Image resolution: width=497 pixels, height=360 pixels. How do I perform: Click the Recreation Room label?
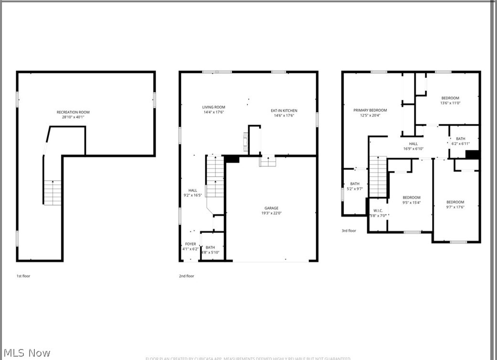point(73,112)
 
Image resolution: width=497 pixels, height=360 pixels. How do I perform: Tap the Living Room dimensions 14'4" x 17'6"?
point(213,112)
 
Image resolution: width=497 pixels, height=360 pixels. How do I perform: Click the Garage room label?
point(272,208)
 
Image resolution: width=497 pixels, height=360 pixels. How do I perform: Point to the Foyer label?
point(190,244)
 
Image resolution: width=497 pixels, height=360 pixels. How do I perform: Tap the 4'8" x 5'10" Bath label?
point(210,247)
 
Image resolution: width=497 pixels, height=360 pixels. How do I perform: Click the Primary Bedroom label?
point(370,110)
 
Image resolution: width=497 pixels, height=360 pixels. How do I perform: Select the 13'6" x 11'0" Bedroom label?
point(450,98)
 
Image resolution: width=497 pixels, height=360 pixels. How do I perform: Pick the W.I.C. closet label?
point(378,211)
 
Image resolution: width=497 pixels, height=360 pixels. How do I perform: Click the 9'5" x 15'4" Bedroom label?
point(411,198)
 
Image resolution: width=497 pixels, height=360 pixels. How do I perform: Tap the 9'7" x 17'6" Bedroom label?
point(455,202)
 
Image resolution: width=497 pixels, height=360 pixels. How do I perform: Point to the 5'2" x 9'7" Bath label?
point(355,184)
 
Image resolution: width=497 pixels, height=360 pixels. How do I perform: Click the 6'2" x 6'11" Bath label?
point(460,139)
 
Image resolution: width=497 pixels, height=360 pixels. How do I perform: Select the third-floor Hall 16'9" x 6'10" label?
point(413,144)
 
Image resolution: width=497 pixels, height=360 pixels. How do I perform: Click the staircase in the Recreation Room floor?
point(53,192)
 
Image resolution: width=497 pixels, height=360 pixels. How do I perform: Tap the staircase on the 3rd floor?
point(378,177)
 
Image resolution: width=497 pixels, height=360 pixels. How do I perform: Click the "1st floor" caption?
point(23,276)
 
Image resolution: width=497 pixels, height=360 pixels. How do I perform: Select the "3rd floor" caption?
point(349,231)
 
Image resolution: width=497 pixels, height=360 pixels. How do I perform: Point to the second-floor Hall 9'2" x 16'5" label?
point(192,191)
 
